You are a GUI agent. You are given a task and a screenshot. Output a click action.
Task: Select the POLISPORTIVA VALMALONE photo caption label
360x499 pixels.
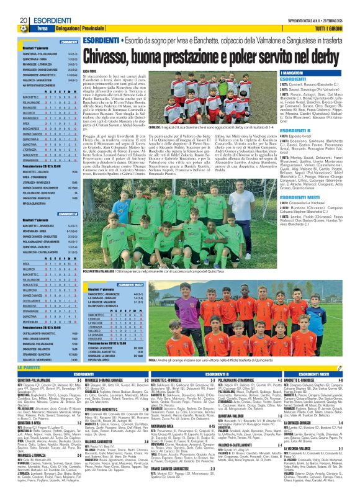102,272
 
